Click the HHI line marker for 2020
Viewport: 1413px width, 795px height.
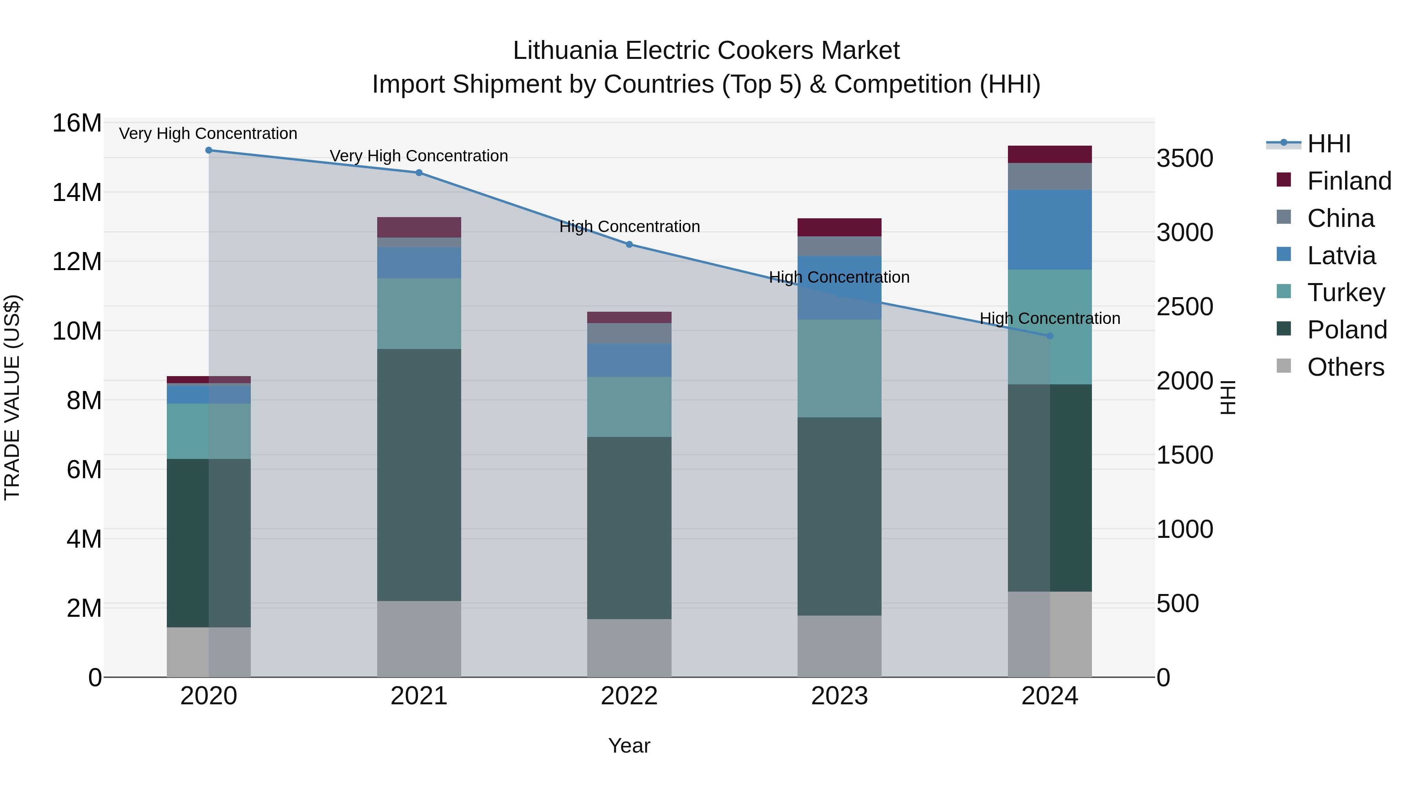(208, 150)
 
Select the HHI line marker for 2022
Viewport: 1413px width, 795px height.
(629, 245)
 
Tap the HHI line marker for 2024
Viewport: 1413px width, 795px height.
(1050, 336)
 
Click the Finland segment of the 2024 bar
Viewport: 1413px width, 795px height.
(1050, 154)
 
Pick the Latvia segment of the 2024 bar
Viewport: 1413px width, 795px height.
(1050, 230)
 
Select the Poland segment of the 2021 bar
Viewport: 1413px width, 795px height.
(419, 475)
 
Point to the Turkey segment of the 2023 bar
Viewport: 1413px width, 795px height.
(839, 368)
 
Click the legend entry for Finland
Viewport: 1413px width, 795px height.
(1349, 181)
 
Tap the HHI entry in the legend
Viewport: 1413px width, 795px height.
(1329, 144)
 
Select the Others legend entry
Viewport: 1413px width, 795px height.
(1345, 367)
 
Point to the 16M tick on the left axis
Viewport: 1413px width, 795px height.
(77, 123)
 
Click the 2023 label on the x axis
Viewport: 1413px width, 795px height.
(839, 696)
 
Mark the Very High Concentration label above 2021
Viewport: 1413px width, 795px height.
(419, 156)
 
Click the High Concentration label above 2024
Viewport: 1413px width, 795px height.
(1050, 318)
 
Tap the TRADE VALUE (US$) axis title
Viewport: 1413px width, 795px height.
(12, 397)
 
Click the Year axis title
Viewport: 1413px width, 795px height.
(629, 746)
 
